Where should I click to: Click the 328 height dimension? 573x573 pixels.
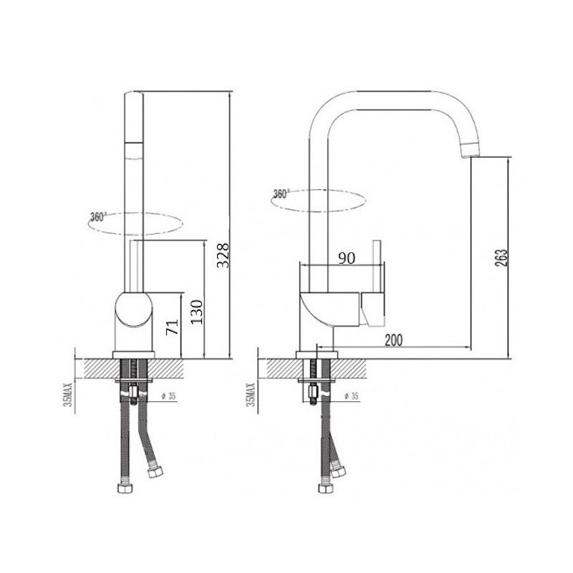[223, 255]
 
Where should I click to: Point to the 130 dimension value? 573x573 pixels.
[196, 312]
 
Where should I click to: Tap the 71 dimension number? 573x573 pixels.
[172, 327]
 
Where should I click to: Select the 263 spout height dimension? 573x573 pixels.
[501, 258]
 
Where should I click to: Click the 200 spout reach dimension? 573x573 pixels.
[393, 340]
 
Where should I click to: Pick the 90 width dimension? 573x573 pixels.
[347, 258]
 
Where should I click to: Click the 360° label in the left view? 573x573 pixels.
[97, 217]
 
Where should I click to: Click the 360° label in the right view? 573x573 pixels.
[281, 193]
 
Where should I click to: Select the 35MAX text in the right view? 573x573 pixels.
[251, 395]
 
